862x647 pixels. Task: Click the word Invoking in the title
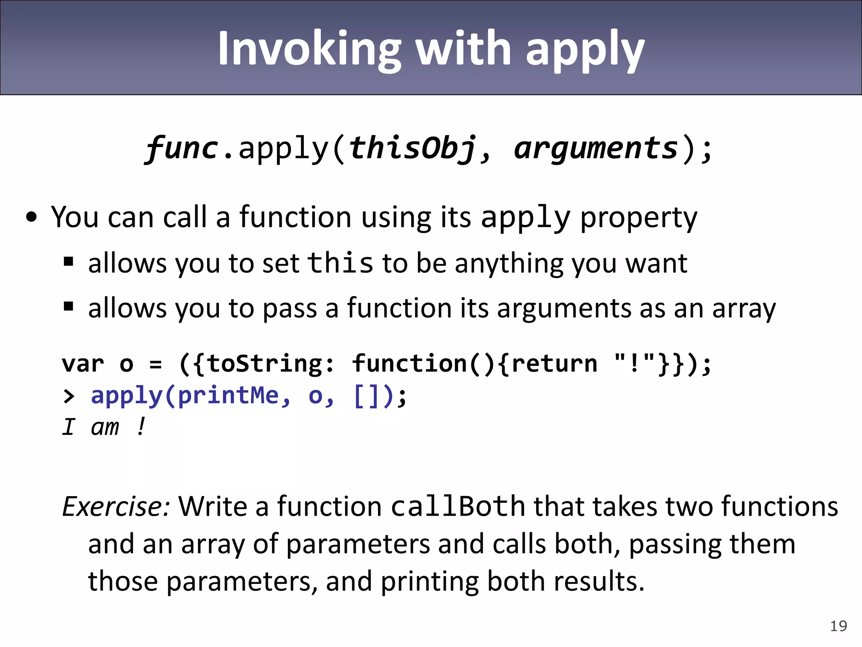point(309,50)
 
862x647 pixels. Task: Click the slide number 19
point(838,626)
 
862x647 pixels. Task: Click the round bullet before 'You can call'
point(32,218)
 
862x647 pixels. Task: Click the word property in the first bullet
point(639,218)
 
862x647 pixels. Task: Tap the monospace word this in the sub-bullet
point(340,263)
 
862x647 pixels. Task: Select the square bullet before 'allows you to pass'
point(69,307)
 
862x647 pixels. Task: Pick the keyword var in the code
point(83,364)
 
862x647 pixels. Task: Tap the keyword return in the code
point(555,364)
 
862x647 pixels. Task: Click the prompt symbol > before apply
point(69,396)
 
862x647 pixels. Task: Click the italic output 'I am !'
point(104,427)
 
